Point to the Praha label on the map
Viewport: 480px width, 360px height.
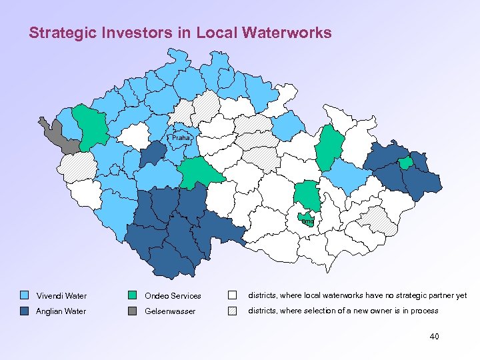tap(181, 138)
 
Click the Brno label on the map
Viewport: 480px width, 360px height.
tap(307, 221)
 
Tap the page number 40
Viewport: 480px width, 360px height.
tap(434, 337)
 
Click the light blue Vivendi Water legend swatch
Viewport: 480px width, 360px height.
tap(25, 295)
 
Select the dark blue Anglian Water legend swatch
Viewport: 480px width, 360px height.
tap(25, 311)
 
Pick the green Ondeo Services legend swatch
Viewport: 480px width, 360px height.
tap(133, 295)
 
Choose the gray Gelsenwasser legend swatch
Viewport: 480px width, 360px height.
tap(133, 311)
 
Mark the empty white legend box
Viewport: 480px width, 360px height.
tap(233, 295)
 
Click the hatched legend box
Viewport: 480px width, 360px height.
tap(233, 311)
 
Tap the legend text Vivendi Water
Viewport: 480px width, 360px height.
tap(61, 295)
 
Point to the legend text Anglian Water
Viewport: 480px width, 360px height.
tap(61, 311)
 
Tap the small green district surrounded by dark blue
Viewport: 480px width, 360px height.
tap(405, 163)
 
